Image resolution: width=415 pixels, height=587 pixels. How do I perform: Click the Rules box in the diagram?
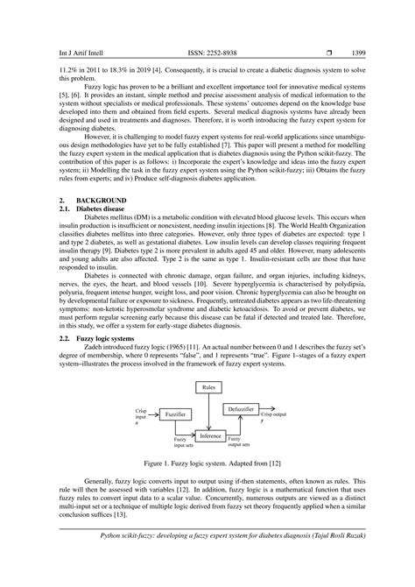pos(208,386)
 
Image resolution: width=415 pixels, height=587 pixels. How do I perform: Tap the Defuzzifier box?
pos(241,409)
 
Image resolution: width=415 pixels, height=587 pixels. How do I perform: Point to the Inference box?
pos(210,435)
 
